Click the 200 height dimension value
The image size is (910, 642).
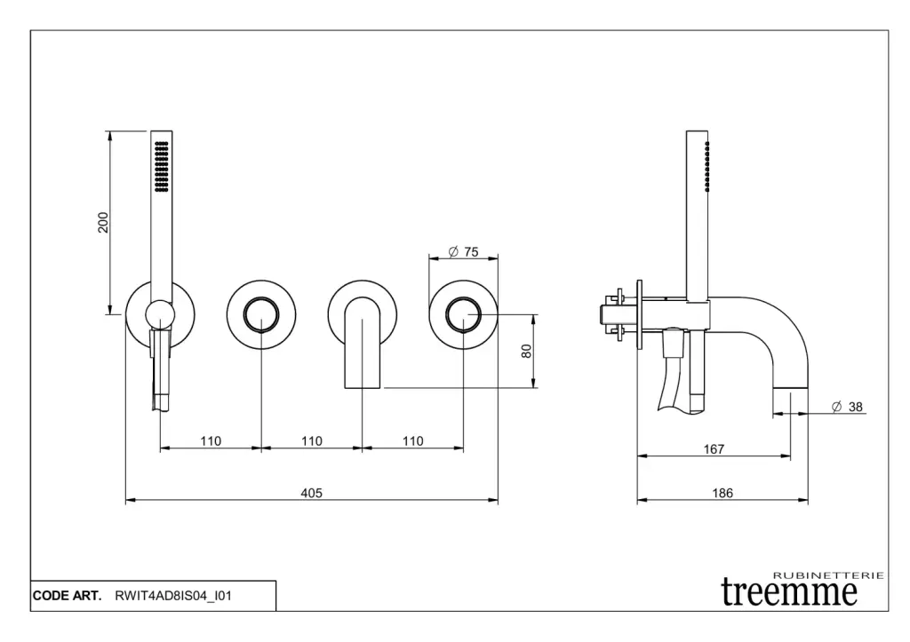103,222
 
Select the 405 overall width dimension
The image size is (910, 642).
311,493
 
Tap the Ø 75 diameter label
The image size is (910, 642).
463,252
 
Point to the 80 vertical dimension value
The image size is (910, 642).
526,351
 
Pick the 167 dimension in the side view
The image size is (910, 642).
714,449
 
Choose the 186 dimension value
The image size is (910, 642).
722,494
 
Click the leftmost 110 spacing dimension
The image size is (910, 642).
211,441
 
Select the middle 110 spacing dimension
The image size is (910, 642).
311,441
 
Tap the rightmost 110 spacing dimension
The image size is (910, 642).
412,441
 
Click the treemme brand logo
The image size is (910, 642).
790,591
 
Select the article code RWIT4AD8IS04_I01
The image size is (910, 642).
173,596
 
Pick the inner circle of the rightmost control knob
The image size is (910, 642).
463,314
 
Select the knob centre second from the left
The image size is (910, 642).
261,314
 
